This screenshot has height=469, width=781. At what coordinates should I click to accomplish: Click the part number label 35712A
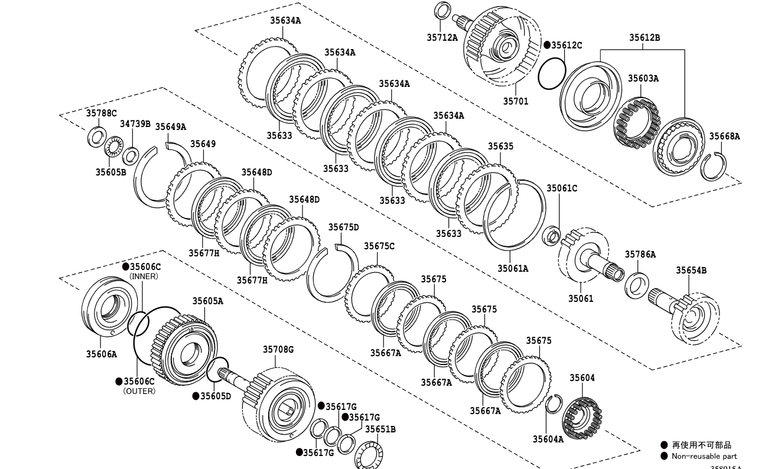[442, 37]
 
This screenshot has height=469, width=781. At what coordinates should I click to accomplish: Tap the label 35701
[516, 102]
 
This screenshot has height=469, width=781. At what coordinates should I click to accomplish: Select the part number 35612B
[644, 38]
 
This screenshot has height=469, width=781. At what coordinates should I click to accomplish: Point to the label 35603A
[643, 78]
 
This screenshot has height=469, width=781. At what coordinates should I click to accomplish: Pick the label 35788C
[101, 113]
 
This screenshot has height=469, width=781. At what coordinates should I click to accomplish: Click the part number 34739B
[135, 124]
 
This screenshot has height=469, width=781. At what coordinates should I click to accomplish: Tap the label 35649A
[170, 126]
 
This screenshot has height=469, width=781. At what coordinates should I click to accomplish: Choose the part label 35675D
[343, 227]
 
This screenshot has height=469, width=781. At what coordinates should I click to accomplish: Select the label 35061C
[561, 188]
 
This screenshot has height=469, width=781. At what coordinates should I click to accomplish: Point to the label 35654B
[691, 271]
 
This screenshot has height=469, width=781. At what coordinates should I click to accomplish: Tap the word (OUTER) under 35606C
[139, 390]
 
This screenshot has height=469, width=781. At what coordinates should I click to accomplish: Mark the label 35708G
[278, 350]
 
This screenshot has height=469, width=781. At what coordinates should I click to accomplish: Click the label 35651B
[380, 429]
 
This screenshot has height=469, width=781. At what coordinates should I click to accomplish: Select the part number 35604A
[548, 439]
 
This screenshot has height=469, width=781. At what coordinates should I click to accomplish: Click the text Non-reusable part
[704, 456]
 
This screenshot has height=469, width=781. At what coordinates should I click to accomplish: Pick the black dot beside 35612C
[547, 45]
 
